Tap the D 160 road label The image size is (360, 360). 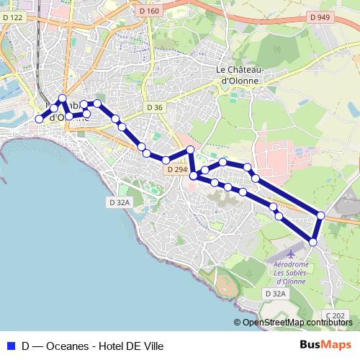(x=150, y=11)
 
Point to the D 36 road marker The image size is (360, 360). (x=155, y=107)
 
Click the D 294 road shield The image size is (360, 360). (x=176, y=170)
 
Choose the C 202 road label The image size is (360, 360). (x=335, y=315)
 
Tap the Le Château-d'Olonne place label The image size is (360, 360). (x=240, y=75)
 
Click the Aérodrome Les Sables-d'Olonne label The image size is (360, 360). (x=291, y=272)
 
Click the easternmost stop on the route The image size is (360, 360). (x=320, y=215)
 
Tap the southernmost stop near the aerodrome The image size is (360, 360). (x=313, y=242)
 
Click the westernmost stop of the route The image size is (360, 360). (x=40, y=119)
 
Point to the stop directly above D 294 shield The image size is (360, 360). (x=166, y=160)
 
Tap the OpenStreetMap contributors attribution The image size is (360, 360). (x=297, y=323)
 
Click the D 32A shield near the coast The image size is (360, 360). (x=120, y=202)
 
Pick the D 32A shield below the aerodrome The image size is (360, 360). (x=275, y=294)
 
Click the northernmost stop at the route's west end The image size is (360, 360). (x=63, y=98)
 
